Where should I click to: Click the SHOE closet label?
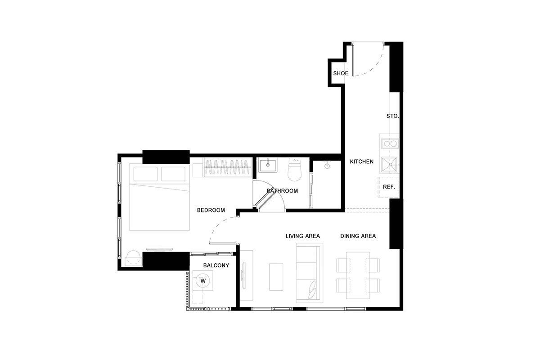pos(340,73)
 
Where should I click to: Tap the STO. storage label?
pos(393,116)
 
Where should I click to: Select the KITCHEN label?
pos(362,162)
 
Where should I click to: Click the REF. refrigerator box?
pos(388,187)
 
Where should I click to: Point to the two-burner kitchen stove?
pos(390,144)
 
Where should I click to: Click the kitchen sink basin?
pos(389,165)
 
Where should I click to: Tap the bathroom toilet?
pos(295,170)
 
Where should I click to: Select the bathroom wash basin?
pos(268,165)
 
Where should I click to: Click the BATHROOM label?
pos(282,191)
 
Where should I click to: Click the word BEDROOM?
pos(211,210)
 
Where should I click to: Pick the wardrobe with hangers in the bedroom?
pos(227,167)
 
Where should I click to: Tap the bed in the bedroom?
pos(159,197)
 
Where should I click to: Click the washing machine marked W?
pos(203,280)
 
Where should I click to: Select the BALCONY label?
pos(216,265)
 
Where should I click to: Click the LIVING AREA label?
pos(303,236)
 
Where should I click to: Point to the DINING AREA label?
pos(358,236)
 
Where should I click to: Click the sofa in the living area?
pos(310,273)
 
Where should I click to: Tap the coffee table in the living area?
pos(276,277)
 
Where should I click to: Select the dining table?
pos(358,275)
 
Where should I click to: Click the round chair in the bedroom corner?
pos(133,258)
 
